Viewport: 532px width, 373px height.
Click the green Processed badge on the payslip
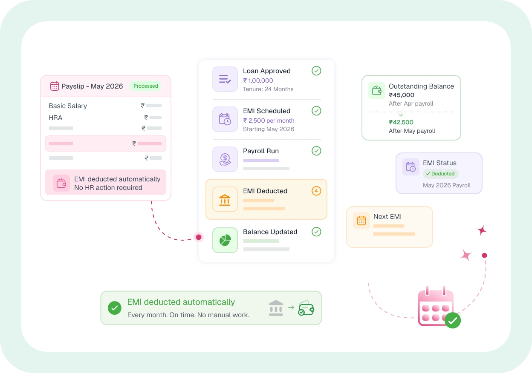coord(146,86)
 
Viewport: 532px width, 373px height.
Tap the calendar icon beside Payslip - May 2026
coord(55,86)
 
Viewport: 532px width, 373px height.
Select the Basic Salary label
coord(68,106)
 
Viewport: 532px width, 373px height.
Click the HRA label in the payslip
coord(55,118)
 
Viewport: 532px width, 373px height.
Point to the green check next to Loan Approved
coord(316,71)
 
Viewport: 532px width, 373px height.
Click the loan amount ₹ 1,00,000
coord(258,80)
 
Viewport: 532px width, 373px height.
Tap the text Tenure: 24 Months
coord(268,89)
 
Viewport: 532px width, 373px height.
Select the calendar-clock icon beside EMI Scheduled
coord(225,119)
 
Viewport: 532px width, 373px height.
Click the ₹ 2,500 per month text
coord(269,121)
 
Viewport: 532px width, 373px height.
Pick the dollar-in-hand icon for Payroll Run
coord(225,159)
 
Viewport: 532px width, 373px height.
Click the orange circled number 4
coord(316,191)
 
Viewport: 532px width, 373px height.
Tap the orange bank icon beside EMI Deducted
coord(225,199)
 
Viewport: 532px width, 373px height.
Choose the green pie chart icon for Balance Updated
coord(225,240)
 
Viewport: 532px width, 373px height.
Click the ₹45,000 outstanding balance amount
coord(402,95)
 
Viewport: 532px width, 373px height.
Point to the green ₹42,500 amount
coord(401,122)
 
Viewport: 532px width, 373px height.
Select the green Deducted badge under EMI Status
coord(441,174)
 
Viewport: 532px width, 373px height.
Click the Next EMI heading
coord(387,216)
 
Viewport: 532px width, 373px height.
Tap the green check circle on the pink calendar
coord(453,321)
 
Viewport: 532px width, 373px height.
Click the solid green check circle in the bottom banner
coord(115,308)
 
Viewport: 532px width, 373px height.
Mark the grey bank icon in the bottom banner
coord(276,308)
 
